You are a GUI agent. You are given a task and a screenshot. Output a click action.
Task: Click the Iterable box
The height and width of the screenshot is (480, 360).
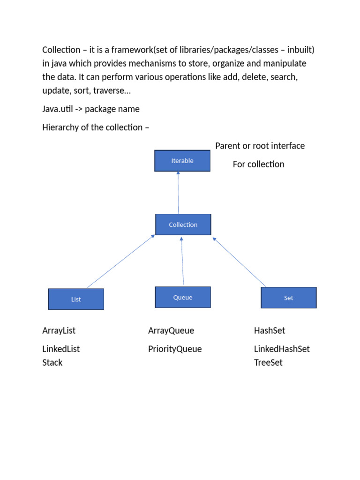click(182, 161)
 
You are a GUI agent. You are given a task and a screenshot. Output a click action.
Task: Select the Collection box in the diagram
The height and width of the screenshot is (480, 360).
click(183, 225)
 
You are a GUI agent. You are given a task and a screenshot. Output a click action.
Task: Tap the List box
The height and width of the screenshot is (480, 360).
click(76, 299)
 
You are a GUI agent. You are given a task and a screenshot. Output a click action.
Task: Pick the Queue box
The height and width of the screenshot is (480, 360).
click(183, 297)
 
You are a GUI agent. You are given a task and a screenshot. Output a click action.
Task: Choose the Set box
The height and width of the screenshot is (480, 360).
click(289, 298)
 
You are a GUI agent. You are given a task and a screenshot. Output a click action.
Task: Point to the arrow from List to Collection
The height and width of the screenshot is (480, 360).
click(121, 261)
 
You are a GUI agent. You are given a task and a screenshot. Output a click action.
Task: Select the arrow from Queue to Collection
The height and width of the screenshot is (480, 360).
click(182, 261)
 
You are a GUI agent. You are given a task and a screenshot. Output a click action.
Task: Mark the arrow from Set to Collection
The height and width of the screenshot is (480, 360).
click(239, 262)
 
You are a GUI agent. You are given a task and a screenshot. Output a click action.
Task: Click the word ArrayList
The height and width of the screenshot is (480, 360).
click(59, 330)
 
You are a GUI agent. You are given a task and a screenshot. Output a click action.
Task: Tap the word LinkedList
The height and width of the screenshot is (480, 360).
click(61, 349)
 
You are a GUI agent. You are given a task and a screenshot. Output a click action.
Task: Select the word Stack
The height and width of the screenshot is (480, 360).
click(52, 362)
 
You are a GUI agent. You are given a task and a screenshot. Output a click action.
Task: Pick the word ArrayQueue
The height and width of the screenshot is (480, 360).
click(171, 330)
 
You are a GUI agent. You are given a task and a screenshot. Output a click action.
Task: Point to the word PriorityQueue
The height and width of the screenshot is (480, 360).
click(175, 349)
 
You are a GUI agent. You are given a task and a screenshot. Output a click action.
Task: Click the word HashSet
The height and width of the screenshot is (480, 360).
click(270, 330)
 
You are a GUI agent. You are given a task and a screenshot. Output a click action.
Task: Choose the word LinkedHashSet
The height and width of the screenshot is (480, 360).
click(282, 349)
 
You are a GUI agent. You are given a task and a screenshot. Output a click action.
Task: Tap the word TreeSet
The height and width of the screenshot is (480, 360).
click(269, 362)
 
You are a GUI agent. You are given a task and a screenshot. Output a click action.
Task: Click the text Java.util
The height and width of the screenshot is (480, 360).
click(58, 109)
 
